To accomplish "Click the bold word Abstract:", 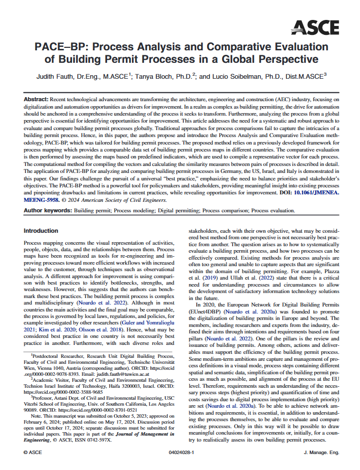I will [36, 100].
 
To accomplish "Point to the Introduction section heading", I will [41, 231].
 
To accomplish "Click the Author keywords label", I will [47, 211].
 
